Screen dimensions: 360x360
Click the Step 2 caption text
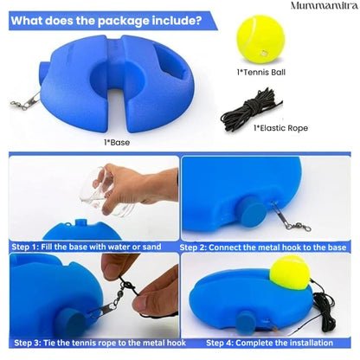pos(264,247)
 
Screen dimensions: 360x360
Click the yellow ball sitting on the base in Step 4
pos(288,273)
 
